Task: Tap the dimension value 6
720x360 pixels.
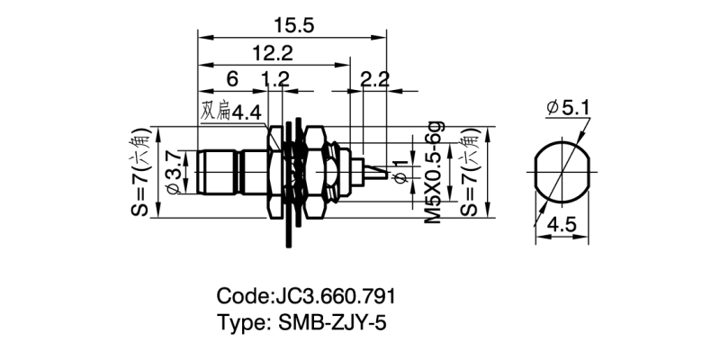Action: pyautogui.click(x=232, y=80)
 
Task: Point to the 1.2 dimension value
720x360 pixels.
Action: pyautogui.click(x=274, y=80)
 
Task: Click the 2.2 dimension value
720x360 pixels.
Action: pyautogui.click(x=373, y=80)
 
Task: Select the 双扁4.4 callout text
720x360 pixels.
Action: pyautogui.click(x=231, y=112)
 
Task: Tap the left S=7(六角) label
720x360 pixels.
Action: pyautogui.click(x=144, y=170)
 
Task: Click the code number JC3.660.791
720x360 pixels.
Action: pyautogui.click(x=333, y=296)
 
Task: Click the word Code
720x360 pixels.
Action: pyautogui.click(x=241, y=296)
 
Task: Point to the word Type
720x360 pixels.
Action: pyautogui.click(x=240, y=323)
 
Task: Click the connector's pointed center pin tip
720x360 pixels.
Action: pyautogui.click(x=391, y=174)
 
